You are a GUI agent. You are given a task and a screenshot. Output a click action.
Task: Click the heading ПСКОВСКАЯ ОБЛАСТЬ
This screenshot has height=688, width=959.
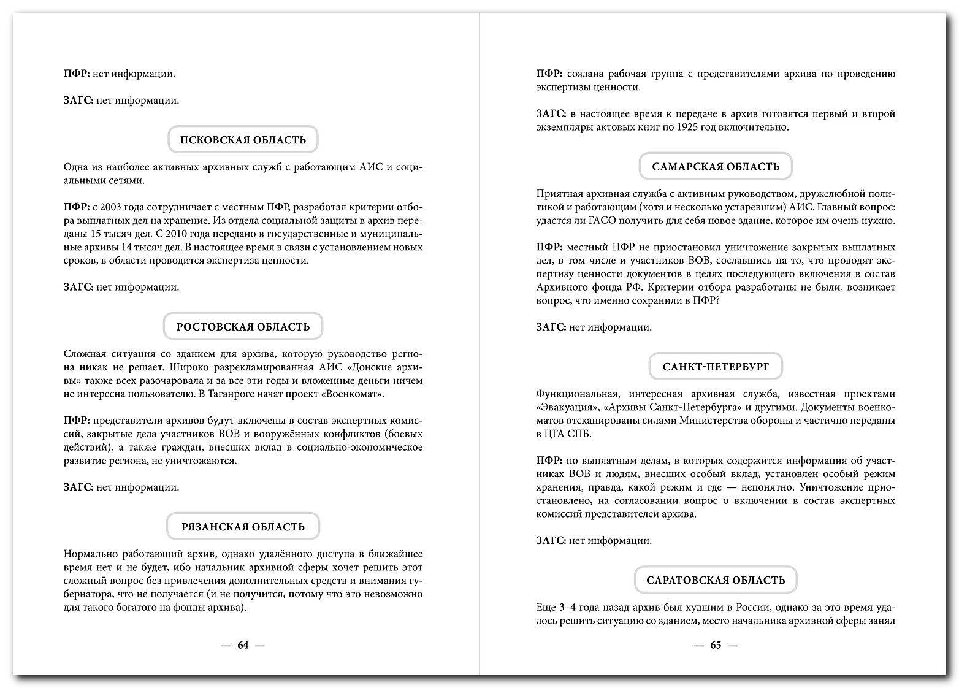click(243, 140)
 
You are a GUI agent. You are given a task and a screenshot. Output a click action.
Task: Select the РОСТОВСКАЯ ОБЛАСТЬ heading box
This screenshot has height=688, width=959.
click(243, 327)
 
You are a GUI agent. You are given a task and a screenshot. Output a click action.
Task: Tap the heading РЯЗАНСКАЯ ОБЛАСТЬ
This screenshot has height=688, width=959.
click(243, 527)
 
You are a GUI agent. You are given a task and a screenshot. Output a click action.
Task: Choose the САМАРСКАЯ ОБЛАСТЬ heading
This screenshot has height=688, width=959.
click(716, 167)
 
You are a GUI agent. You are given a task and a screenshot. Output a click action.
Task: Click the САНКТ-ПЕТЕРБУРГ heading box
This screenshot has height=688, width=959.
click(716, 367)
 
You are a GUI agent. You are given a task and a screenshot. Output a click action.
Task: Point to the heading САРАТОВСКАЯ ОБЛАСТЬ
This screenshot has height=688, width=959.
click(716, 580)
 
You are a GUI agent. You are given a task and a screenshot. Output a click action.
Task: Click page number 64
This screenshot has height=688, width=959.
click(243, 645)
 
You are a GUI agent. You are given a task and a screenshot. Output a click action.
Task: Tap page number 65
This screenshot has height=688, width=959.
click(716, 645)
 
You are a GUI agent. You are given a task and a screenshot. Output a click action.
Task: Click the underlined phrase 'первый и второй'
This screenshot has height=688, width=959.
click(854, 114)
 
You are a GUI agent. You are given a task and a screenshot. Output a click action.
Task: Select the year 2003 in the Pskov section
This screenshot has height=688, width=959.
click(112, 207)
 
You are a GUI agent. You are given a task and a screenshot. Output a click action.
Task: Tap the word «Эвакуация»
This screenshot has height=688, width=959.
click(567, 408)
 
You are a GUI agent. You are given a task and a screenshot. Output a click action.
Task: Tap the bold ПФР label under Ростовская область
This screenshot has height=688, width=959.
click(76, 421)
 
